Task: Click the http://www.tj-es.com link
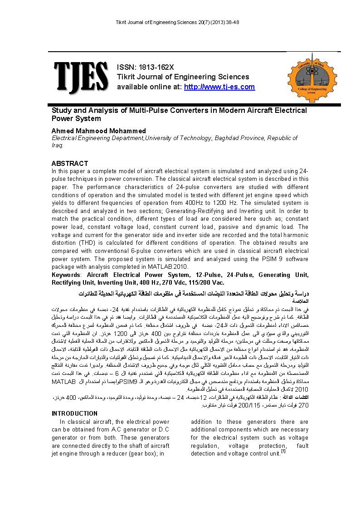pos(219,87)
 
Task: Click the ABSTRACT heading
pos(70,163)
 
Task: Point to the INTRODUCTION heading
pos(74,413)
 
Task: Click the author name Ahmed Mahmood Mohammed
pos(99,131)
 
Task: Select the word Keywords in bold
pos(65,275)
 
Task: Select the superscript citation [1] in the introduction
pos(283,451)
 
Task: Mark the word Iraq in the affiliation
pos(57,145)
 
